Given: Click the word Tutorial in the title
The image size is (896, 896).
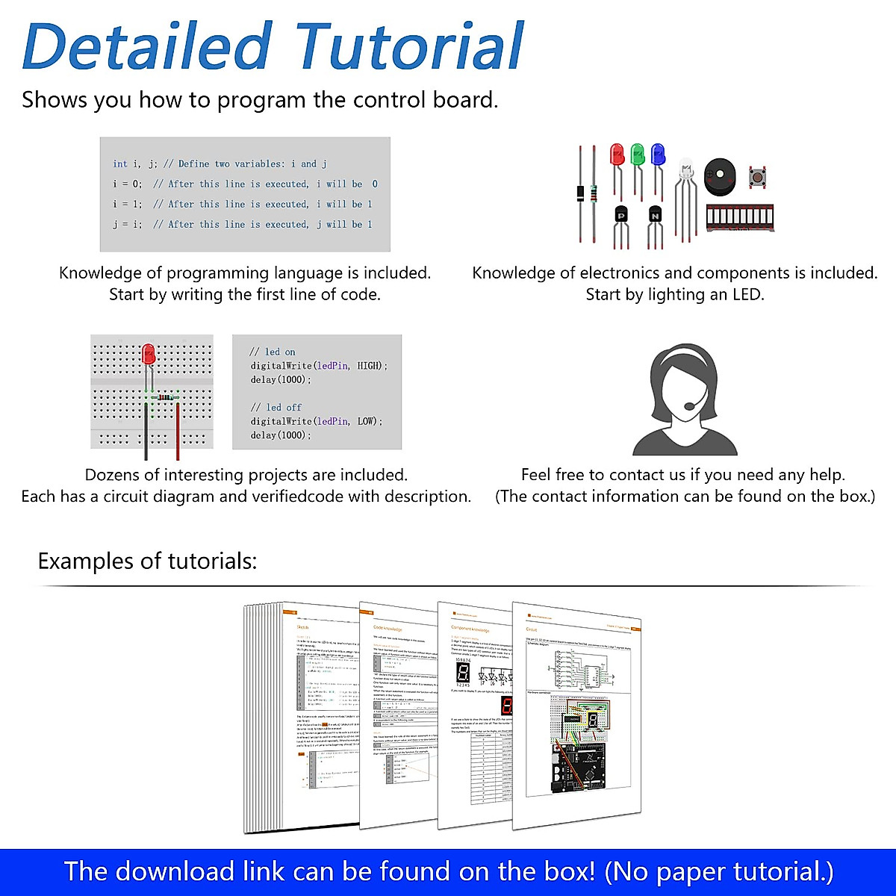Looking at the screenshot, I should pyautogui.click(x=409, y=46).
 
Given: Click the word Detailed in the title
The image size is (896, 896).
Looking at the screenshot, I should pyautogui.click(x=146, y=46).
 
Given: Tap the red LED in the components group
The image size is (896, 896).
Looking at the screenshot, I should pyautogui.click(x=617, y=155).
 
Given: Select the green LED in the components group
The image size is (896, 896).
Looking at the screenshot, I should pyautogui.click(x=637, y=155).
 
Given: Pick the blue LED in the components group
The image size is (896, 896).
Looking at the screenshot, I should pyautogui.click(x=658, y=155).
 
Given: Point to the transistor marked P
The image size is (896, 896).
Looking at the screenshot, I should pyautogui.click(x=621, y=216).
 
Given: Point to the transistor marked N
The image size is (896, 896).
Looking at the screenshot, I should pyautogui.click(x=655, y=216).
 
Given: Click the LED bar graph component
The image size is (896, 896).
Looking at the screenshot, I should pyautogui.click(x=739, y=218).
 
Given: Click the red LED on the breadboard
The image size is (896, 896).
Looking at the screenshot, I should pyautogui.click(x=148, y=354).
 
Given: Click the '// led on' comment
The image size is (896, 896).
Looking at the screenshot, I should pyautogui.click(x=273, y=352).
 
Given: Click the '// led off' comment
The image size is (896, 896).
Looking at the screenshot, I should pyautogui.click(x=276, y=407).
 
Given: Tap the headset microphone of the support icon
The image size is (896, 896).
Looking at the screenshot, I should pyautogui.click(x=688, y=406).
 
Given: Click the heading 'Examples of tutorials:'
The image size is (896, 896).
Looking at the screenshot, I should pyautogui.click(x=147, y=561).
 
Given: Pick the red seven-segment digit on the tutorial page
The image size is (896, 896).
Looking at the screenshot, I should pyautogui.click(x=507, y=707).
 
